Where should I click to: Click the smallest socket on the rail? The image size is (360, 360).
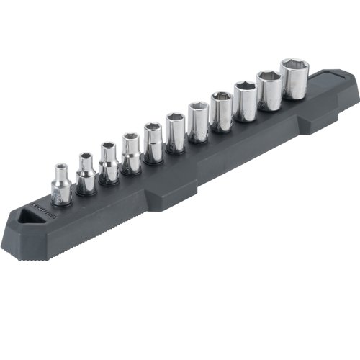[x=61, y=189]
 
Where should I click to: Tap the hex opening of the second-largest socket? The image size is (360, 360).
[x=269, y=76]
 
